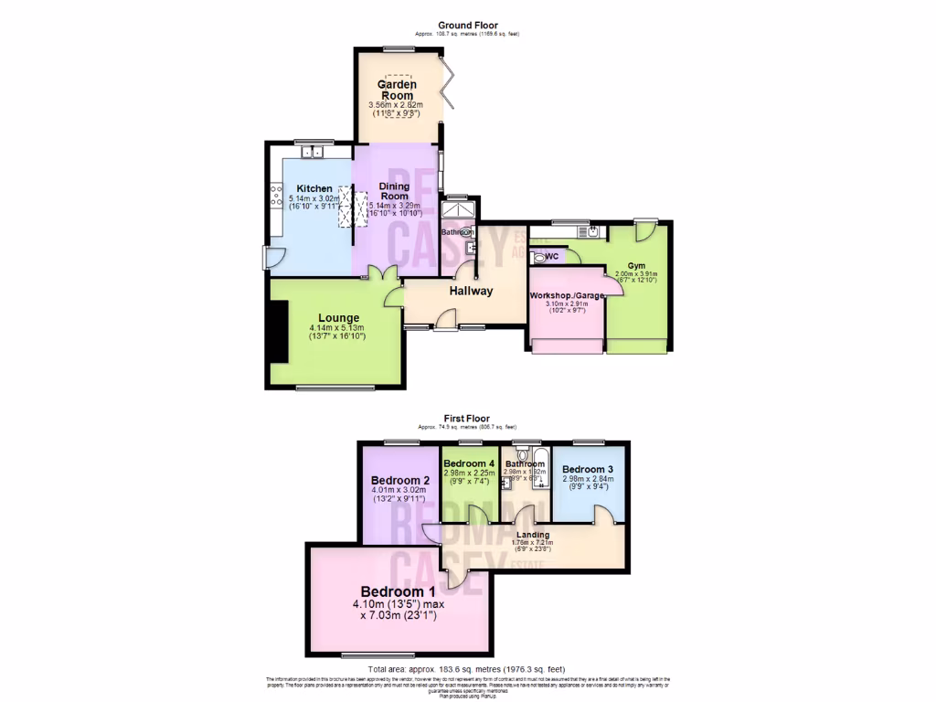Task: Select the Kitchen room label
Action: pos(314,189)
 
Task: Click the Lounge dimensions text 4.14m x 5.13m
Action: pos(336,328)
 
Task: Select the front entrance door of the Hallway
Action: pos(445,319)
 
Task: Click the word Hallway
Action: pos(471,292)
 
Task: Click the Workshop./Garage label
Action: pos(566,295)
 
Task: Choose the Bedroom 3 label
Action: pos(588,469)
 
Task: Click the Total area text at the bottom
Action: pos(467,670)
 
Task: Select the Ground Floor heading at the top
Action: pos(467,26)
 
